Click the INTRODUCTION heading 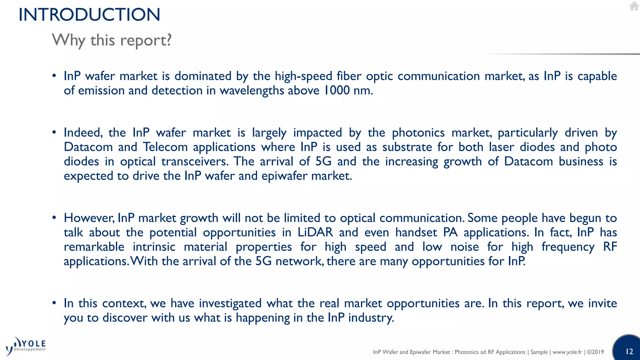point(89,15)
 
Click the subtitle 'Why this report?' point(112,40)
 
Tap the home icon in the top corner point(634,6)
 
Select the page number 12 point(629,352)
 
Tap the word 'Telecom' point(165,147)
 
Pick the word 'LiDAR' point(315,232)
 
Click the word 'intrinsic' point(154,247)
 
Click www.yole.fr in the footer point(567,352)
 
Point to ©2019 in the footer point(595,352)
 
